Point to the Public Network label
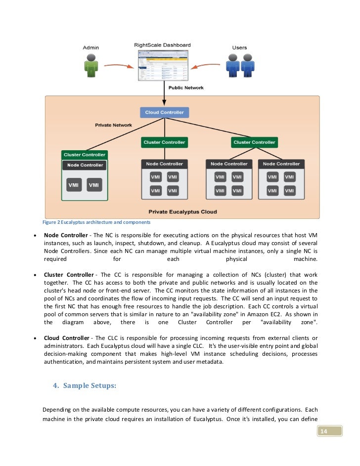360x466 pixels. tap(186, 88)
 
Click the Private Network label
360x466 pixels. tap(113, 126)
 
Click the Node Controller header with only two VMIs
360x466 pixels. tap(85, 165)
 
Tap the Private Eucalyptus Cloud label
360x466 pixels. tap(182, 212)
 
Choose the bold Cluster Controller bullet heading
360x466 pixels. tap(68, 275)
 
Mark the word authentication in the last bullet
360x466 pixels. tap(66, 362)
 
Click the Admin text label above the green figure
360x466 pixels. tap(90, 48)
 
